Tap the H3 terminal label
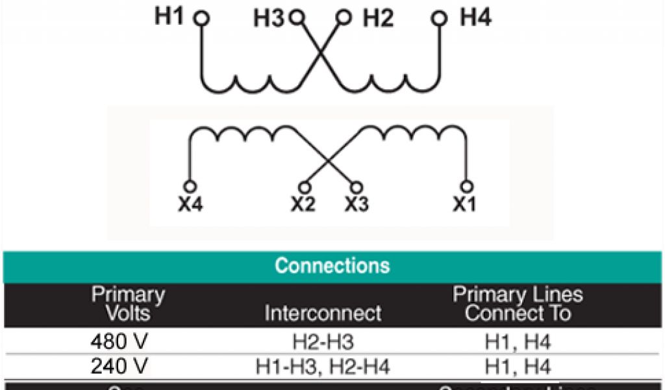269,19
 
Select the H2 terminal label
378,18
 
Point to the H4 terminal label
475,17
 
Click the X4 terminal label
191,205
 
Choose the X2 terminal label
303,205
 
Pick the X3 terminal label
357,205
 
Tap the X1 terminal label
465,205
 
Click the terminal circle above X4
190,187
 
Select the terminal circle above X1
466,187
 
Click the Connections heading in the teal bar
332,266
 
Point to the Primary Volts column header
128,304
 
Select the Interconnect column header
323,313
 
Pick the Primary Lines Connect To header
518,304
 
